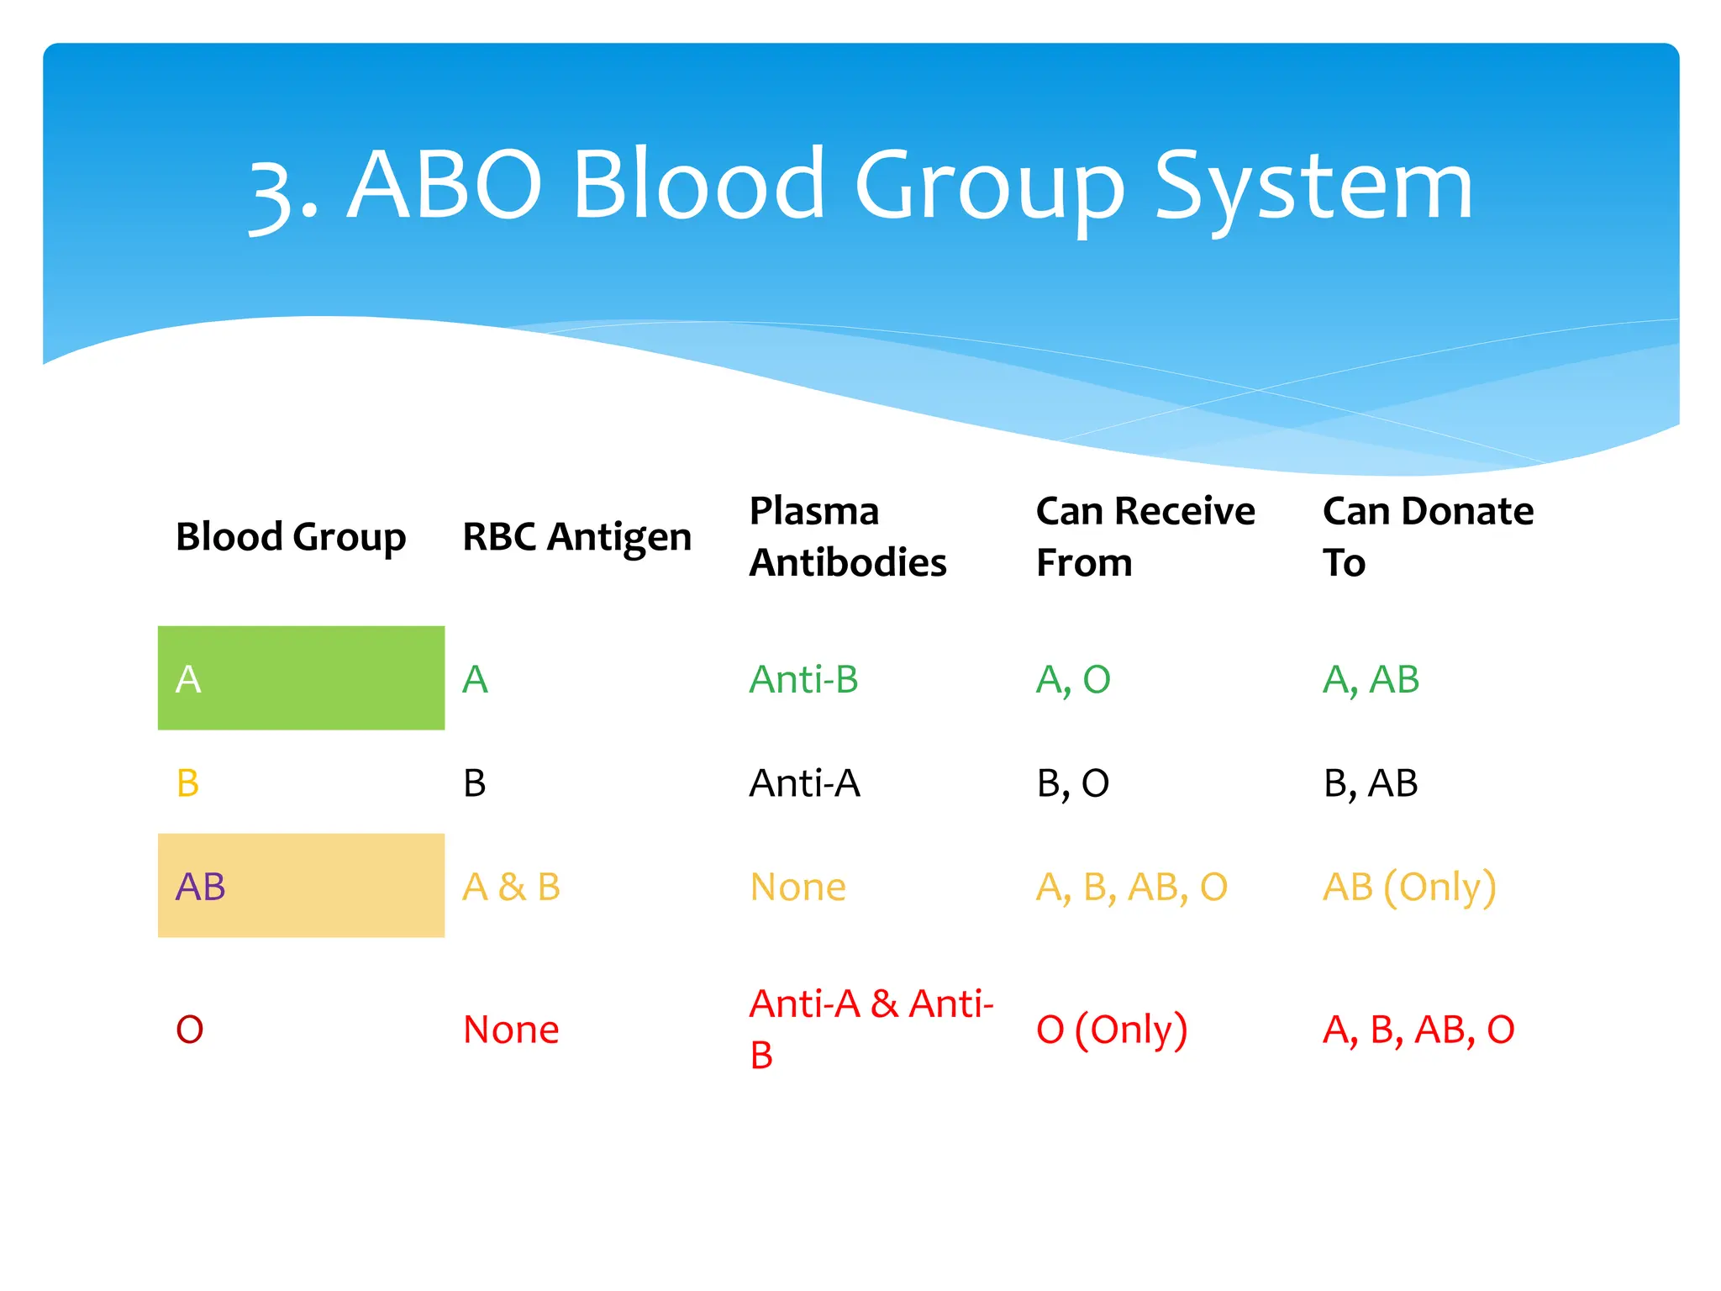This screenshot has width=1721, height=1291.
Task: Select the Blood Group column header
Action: (x=291, y=537)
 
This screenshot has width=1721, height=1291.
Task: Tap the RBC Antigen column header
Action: (x=576, y=537)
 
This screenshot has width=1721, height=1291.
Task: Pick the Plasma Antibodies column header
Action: (x=847, y=536)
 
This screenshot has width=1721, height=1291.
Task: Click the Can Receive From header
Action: (x=1145, y=536)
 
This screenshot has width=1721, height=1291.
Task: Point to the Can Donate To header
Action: (x=1427, y=536)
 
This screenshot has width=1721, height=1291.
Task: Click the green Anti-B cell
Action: (x=803, y=679)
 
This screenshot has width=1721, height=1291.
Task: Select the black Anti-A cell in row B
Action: (x=804, y=783)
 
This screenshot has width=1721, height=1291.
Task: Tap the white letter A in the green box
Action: (x=188, y=679)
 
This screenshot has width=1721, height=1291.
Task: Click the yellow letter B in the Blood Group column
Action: (x=187, y=783)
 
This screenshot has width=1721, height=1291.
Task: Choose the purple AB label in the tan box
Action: (x=200, y=887)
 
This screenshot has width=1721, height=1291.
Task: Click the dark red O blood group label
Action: (x=189, y=1030)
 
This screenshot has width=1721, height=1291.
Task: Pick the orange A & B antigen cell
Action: (x=511, y=888)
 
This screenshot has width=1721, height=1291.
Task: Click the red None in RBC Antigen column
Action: (x=511, y=1030)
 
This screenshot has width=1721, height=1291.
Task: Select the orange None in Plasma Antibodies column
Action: (x=797, y=888)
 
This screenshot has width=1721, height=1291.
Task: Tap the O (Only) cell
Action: (x=1111, y=1030)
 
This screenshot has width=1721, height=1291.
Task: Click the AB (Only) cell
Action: (x=1409, y=888)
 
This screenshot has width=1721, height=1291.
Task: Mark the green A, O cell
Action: (x=1072, y=679)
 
